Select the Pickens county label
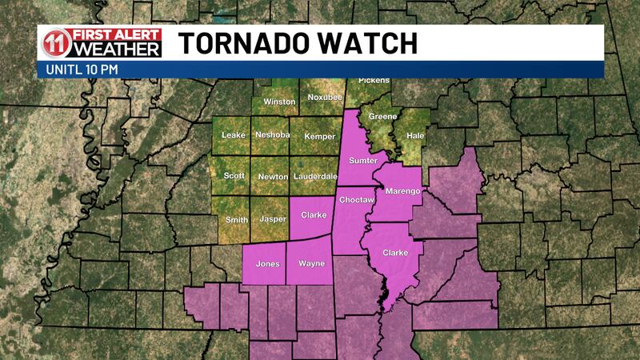(374, 81)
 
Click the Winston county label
(279, 102)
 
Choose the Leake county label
(233, 134)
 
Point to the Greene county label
(382, 118)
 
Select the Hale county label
(415, 136)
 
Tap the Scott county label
(234, 176)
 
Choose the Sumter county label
(362, 161)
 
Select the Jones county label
(267, 263)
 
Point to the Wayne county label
(311, 263)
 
